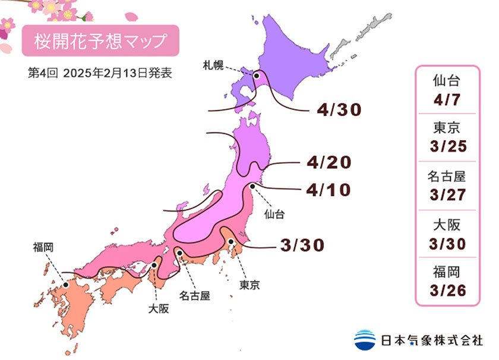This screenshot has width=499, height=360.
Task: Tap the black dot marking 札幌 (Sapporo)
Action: coord(257,75)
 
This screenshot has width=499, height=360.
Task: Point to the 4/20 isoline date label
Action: coord(330,162)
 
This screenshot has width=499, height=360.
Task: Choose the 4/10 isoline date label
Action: coord(330,190)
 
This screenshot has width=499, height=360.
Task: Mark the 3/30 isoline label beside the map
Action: coord(302,245)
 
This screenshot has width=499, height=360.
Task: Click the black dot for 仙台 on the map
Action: coord(253,186)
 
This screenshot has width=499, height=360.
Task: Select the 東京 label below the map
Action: coord(249,285)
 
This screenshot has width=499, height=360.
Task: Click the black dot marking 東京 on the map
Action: coord(230,241)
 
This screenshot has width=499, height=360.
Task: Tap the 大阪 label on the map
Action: coord(157,309)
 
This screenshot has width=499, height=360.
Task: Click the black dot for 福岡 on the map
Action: coord(66,285)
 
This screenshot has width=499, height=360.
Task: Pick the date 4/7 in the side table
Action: coord(447,97)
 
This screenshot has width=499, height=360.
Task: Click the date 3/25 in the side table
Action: coord(447,146)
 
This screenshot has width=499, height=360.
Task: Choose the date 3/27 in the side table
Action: coord(447,194)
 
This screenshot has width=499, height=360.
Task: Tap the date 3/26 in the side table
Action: coord(447,291)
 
